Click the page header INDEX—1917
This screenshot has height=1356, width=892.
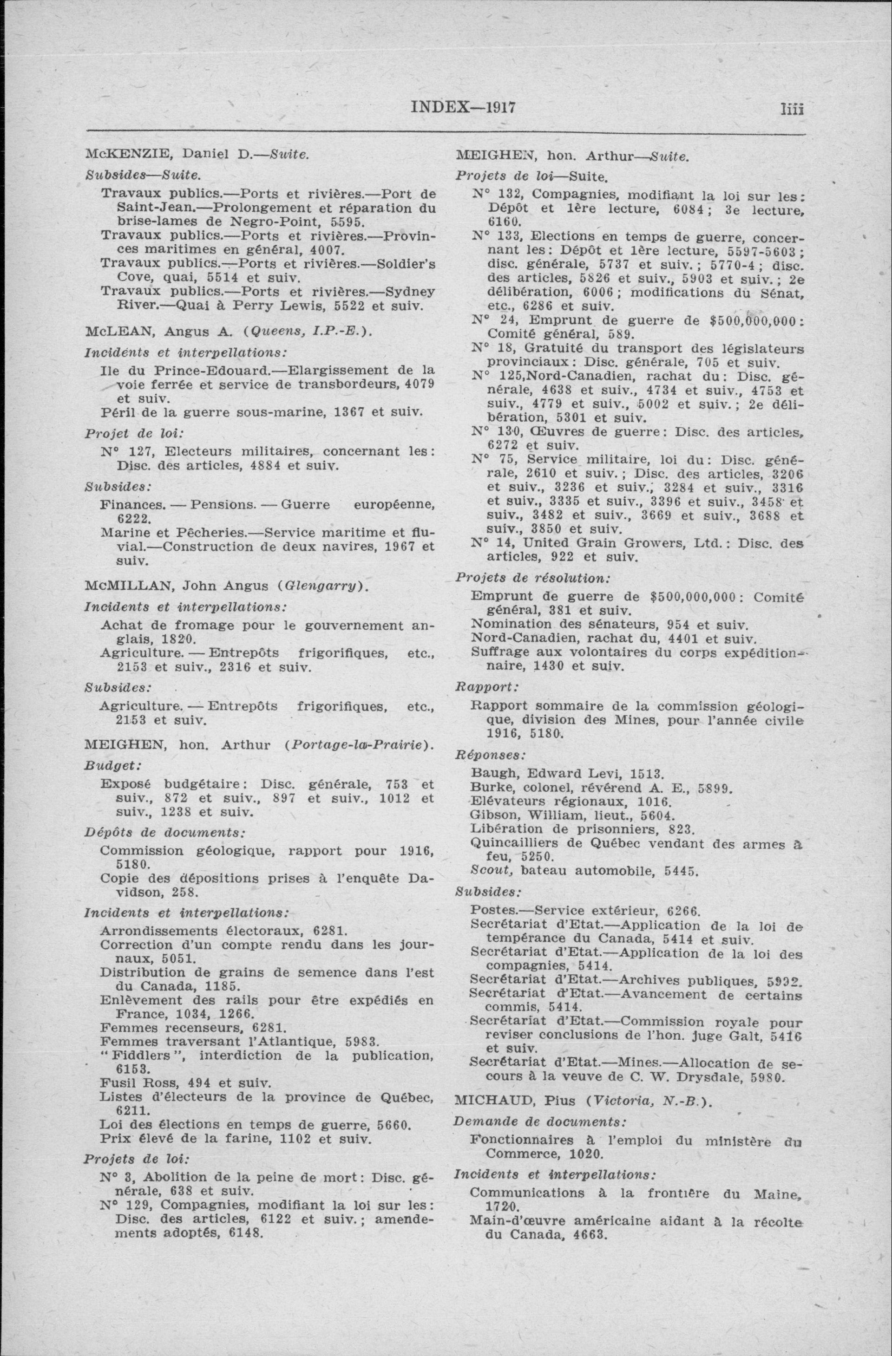point(463,108)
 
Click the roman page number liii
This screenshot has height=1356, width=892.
point(792,108)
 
